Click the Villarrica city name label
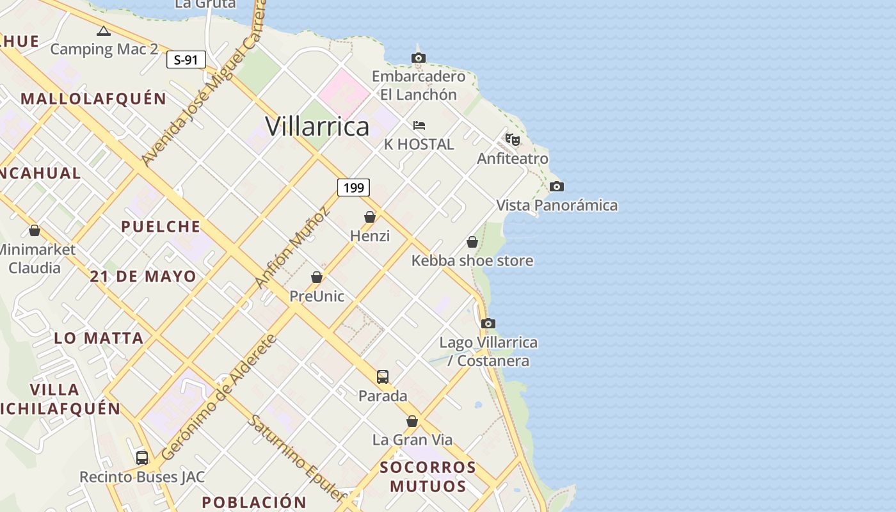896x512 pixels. [x=317, y=126]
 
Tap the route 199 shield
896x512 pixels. [x=353, y=188]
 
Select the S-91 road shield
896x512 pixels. [x=186, y=60]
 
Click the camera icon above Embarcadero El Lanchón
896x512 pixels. [x=419, y=58]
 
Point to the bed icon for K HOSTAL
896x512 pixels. [x=419, y=125]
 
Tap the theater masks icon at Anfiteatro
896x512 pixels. [x=513, y=140]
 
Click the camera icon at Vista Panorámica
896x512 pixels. [x=557, y=187]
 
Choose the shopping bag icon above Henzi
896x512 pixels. [x=370, y=217]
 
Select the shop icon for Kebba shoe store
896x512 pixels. [x=472, y=242]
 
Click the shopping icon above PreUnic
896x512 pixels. [x=317, y=277]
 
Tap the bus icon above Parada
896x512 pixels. [x=383, y=377]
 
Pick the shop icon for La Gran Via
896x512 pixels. [x=412, y=421]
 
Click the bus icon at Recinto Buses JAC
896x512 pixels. [x=142, y=458]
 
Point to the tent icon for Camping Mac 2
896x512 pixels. [x=104, y=31]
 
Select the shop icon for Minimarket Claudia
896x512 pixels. [x=35, y=230]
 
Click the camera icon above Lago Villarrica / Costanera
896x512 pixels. [x=488, y=324]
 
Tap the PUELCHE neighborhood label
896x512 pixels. [x=161, y=227]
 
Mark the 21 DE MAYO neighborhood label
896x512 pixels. [x=143, y=276]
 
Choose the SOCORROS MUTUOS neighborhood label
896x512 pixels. [x=428, y=477]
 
